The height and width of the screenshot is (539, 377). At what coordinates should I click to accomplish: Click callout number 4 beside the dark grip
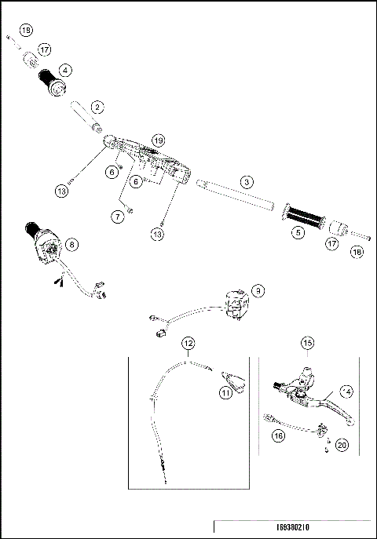pyautogui.click(x=76, y=69)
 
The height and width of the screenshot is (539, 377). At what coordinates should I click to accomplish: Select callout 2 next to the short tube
pyautogui.click(x=97, y=106)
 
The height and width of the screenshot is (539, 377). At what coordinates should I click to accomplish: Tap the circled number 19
pyautogui.click(x=158, y=140)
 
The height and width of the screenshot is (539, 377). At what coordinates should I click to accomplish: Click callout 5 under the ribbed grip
pyautogui.click(x=298, y=231)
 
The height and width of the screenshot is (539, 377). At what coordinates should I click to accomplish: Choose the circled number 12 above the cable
pyautogui.click(x=188, y=344)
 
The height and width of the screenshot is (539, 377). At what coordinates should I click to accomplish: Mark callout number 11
pyautogui.click(x=226, y=392)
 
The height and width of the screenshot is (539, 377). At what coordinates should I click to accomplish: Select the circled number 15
pyautogui.click(x=307, y=343)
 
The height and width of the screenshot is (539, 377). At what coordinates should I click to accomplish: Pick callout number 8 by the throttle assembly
pyautogui.click(x=72, y=244)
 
